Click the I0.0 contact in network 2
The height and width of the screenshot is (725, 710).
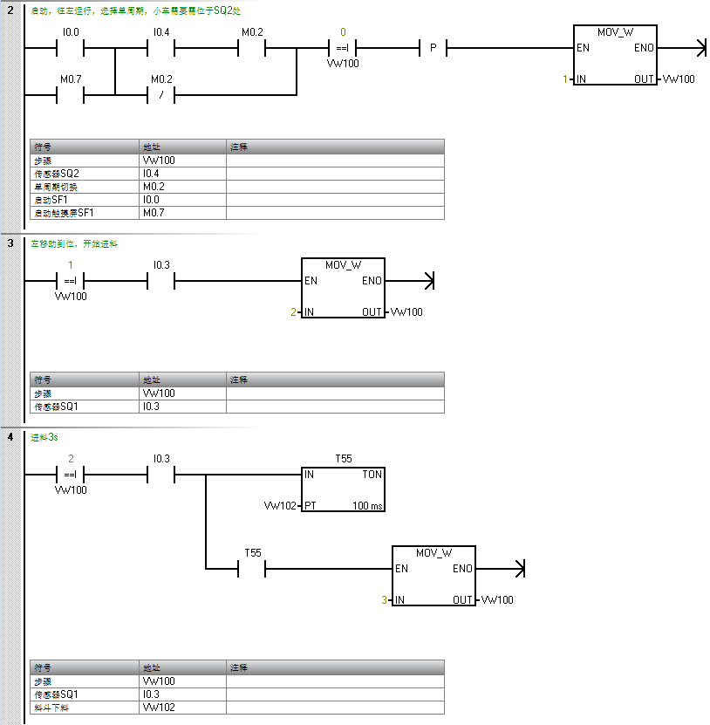(x=71, y=49)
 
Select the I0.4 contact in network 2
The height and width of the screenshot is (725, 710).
(x=160, y=49)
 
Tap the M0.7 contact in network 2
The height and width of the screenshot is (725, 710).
(x=71, y=94)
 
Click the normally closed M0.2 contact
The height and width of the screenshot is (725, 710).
(x=160, y=94)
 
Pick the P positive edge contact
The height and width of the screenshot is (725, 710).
(x=433, y=49)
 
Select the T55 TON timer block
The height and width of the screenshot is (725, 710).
(x=343, y=489)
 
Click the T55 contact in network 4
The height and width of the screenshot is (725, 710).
(x=252, y=569)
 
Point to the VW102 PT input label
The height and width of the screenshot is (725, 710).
(x=281, y=506)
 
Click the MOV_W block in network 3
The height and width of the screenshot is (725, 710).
(x=343, y=288)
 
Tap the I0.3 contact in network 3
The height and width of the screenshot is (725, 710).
(x=160, y=281)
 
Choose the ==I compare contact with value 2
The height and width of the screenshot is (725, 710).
(x=71, y=475)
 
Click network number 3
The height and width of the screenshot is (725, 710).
(x=10, y=243)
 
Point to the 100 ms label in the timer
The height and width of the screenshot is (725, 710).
(x=367, y=506)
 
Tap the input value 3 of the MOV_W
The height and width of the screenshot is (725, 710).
(x=384, y=600)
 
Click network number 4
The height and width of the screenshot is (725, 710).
(x=10, y=436)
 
